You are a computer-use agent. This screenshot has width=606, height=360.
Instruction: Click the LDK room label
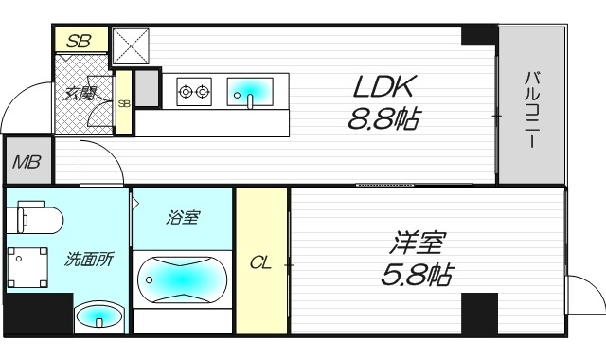(x=383, y=88)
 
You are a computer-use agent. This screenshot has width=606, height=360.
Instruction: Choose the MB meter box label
(x=27, y=162)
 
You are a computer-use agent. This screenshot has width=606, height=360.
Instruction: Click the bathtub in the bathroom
(x=182, y=280)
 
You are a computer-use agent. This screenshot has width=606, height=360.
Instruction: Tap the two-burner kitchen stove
(x=194, y=92)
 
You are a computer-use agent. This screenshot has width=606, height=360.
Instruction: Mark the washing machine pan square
(x=29, y=267)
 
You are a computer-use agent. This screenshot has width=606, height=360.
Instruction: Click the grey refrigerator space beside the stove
(x=147, y=88)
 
